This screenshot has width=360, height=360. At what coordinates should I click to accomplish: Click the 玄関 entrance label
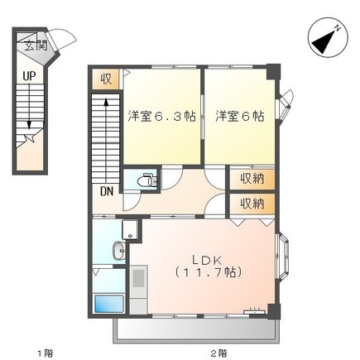[x=36, y=46]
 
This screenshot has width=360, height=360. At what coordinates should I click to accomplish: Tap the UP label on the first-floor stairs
[x=30, y=76]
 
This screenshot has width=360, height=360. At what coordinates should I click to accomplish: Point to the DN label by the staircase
[x=107, y=191]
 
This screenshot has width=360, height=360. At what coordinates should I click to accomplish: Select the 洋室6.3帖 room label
[x=161, y=117]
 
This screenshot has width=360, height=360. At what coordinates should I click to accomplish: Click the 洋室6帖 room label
[x=240, y=117]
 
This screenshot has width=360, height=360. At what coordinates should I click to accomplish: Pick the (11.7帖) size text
[x=209, y=272]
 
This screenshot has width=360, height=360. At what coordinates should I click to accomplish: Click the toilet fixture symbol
[x=147, y=180]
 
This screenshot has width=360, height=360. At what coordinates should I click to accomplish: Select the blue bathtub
[x=109, y=304]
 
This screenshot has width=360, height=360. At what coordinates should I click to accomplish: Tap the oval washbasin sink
[x=119, y=251]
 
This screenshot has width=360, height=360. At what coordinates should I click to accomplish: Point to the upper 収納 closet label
[x=252, y=180]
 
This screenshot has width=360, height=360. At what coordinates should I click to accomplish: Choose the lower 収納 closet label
[x=252, y=204]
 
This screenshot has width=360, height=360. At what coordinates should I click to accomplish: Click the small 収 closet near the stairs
[x=106, y=79]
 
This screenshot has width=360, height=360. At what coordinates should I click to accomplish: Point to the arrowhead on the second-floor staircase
[x=106, y=102]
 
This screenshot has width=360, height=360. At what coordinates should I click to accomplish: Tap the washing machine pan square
[x=130, y=229]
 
